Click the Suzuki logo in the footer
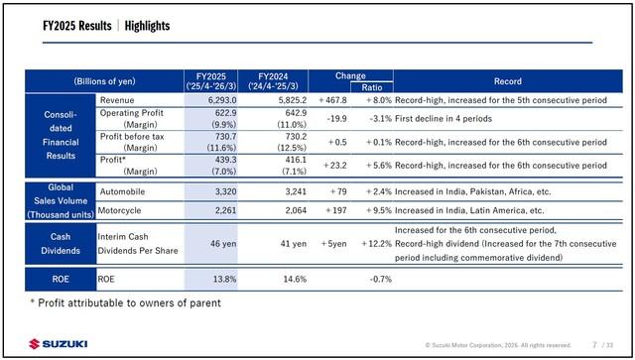[x=59, y=344]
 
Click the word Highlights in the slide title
[x=147, y=26]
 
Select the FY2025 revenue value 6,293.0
[x=222, y=100]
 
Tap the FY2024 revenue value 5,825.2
[x=293, y=100]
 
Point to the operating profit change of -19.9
[x=336, y=119]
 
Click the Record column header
[x=508, y=81]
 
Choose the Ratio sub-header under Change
[x=372, y=87]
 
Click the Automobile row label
[x=122, y=191]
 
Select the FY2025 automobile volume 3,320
[x=225, y=191]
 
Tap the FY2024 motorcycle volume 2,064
[x=296, y=210]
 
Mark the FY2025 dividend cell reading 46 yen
[x=223, y=244]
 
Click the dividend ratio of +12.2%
[x=377, y=244]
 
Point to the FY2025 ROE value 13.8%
[x=225, y=279]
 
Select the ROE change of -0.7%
[x=381, y=279]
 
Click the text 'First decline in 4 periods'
[x=444, y=119]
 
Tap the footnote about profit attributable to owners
[x=126, y=302]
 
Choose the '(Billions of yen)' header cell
[x=104, y=81]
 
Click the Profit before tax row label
[x=132, y=137]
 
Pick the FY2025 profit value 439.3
[x=226, y=160]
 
